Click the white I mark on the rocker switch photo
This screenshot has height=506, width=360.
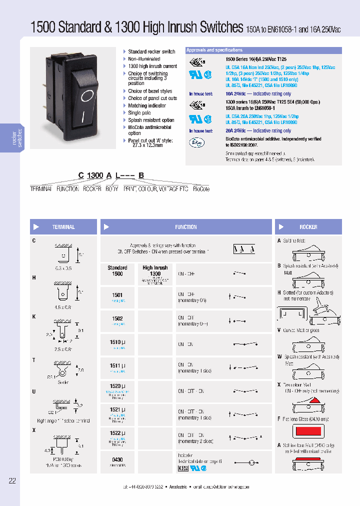click(x=81, y=117)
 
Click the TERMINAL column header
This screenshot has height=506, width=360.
click(x=63, y=227)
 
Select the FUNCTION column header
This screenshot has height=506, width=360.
click(x=185, y=227)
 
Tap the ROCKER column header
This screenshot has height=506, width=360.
click(x=308, y=227)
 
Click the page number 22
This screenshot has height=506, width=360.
click(x=12, y=481)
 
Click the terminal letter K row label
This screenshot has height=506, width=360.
click(x=34, y=317)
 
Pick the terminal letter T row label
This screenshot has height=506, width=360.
click(x=34, y=360)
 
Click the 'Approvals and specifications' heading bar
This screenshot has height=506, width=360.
click(x=263, y=50)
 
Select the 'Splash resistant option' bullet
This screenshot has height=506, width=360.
click(x=151, y=120)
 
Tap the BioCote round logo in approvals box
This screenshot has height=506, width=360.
click(x=195, y=142)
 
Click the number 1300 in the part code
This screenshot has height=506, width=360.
click(x=95, y=175)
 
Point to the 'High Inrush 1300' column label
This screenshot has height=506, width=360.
click(x=155, y=271)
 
